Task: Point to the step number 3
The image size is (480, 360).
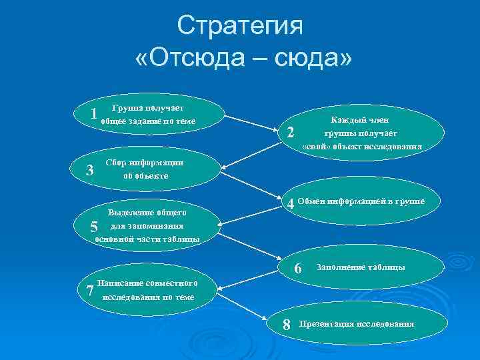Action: (x=91, y=171)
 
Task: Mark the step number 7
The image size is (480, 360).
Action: (x=90, y=290)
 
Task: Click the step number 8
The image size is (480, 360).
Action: (x=287, y=325)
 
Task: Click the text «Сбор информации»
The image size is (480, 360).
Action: (x=145, y=163)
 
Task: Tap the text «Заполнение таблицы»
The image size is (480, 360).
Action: (x=360, y=267)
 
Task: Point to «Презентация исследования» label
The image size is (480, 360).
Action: (x=357, y=324)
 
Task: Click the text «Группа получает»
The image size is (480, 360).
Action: (x=148, y=107)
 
